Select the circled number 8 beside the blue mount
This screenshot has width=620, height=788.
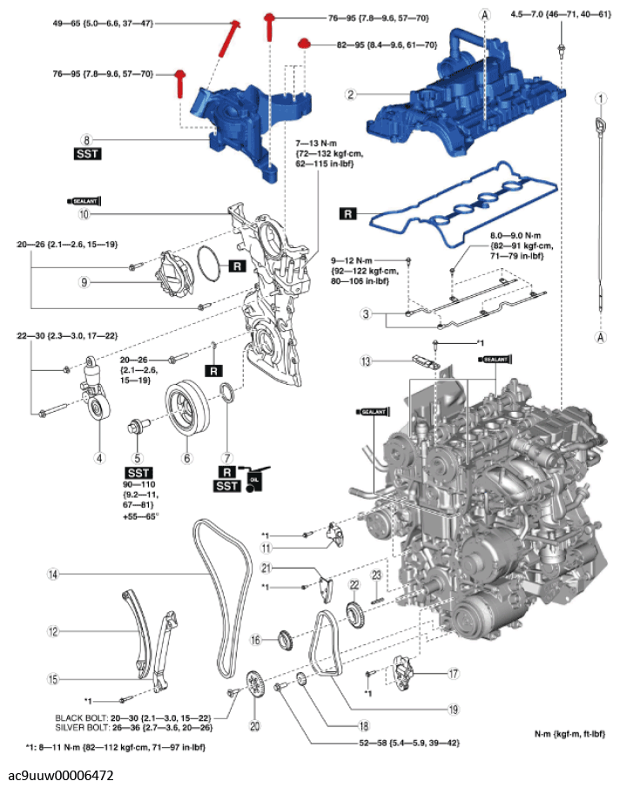click(86, 138)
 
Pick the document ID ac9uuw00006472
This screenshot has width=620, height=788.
click(61, 775)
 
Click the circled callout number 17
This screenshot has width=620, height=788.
click(453, 673)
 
